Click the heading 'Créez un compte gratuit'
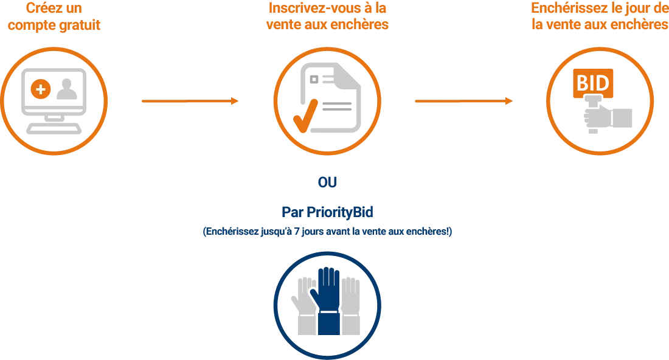coord(54,18)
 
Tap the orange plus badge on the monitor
coord(40,90)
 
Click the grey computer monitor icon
coord(54,97)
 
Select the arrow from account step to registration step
coord(191,102)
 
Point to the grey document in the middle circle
coord(331,100)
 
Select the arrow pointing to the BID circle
coord(464,102)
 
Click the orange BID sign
coord(592,85)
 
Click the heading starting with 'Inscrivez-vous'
coord(327,18)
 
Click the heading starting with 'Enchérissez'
coord(599,18)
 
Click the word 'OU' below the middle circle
coord(328,183)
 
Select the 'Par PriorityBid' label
coord(328,212)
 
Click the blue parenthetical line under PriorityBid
coord(327,232)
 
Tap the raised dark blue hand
coord(327,298)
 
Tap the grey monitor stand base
coord(54,128)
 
